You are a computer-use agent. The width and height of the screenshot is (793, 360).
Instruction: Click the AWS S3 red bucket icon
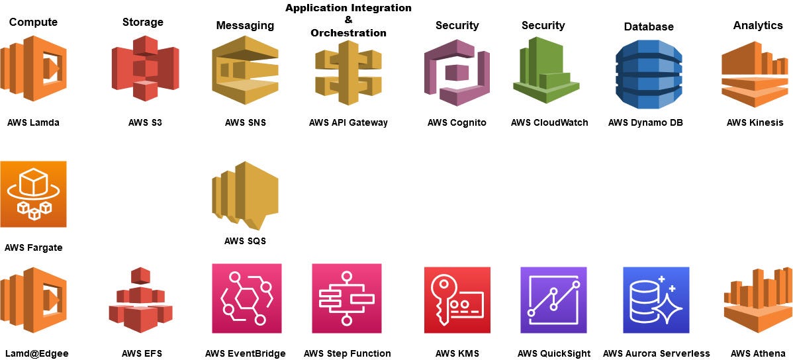click(x=145, y=69)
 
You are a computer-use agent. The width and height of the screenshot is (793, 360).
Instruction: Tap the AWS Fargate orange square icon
click(x=34, y=194)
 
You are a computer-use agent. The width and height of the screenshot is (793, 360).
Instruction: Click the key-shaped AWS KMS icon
click(x=457, y=300)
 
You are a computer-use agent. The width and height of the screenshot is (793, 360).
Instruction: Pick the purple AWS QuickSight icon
click(x=553, y=300)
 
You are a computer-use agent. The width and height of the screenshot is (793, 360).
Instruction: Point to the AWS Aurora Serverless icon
click(x=656, y=300)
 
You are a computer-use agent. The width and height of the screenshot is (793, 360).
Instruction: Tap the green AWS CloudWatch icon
click(x=545, y=70)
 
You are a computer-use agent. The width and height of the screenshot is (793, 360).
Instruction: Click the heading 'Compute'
click(x=33, y=22)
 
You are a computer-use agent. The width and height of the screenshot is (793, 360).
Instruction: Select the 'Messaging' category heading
click(x=245, y=25)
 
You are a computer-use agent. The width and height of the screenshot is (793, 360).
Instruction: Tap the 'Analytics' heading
click(x=758, y=25)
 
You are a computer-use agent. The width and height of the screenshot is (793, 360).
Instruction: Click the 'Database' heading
click(x=649, y=26)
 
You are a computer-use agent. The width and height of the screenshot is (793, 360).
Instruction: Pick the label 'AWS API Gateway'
click(x=348, y=122)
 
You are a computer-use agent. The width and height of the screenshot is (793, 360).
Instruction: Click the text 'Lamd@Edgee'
click(x=36, y=353)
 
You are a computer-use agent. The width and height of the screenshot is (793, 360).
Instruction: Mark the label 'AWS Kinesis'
click(x=755, y=122)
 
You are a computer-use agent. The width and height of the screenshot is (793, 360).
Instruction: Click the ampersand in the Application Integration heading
click(x=348, y=21)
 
